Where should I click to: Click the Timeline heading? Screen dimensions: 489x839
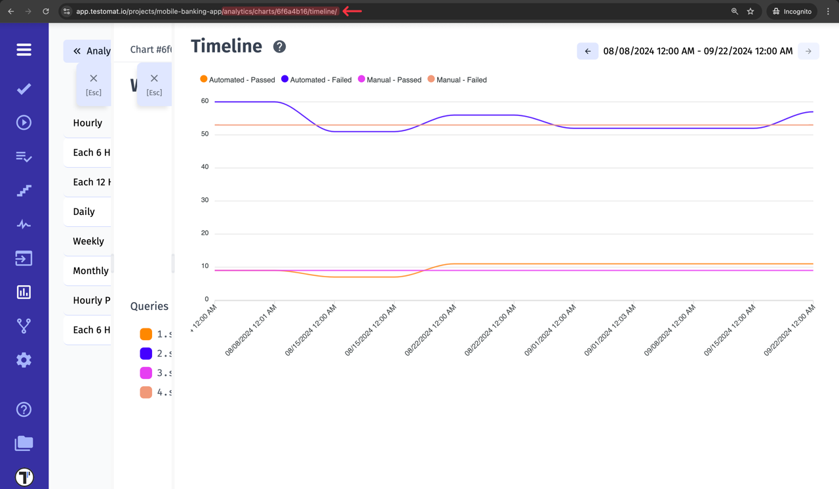click(226, 47)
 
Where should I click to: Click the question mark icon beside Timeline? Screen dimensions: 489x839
click(279, 47)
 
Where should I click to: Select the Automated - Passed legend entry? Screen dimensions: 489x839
click(237, 80)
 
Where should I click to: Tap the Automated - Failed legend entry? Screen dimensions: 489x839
click(317, 80)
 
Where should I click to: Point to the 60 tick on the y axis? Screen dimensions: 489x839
click(205, 101)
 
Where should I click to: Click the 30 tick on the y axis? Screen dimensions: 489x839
click(205, 200)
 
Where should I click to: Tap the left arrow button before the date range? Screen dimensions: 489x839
click(587, 51)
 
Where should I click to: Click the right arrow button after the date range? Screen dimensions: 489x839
click(808, 51)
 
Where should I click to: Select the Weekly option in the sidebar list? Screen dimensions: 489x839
click(88, 241)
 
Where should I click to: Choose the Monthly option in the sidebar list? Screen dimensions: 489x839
click(90, 271)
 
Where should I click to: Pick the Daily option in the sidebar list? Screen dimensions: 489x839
click(84, 212)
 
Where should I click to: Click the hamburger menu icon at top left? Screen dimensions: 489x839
click(24, 50)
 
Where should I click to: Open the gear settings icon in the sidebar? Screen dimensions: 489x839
click(24, 360)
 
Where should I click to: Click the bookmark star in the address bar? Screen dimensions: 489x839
click(751, 11)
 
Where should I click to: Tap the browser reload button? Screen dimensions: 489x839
click(46, 11)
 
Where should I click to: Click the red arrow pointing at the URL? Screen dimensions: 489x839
click(352, 11)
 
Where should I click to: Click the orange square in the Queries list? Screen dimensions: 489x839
click(146, 334)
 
